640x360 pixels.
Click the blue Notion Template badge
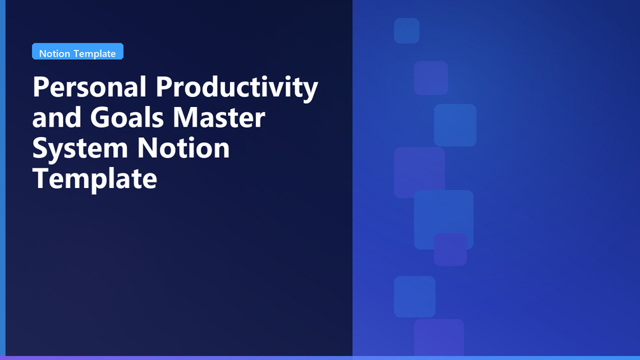78,52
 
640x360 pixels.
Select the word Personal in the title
89,87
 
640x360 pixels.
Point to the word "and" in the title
57,117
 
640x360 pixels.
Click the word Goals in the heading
127,117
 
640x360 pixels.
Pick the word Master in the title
219,117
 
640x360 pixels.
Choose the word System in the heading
80,149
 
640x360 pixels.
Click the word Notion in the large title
183,148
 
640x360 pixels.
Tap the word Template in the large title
95,180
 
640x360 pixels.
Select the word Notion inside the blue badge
55,54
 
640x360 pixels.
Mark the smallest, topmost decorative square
406,31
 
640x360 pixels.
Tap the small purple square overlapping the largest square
450,249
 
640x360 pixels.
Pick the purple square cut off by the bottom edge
439,338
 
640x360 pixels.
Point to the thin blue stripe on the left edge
3,178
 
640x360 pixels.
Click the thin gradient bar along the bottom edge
320,358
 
